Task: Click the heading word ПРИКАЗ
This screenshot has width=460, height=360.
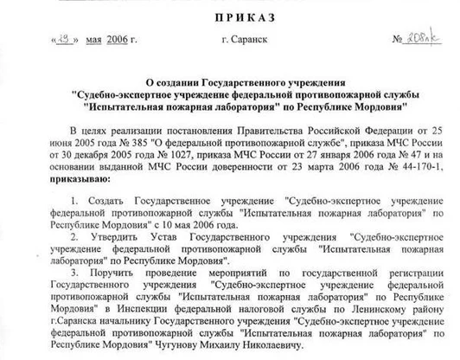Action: point(230,15)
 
